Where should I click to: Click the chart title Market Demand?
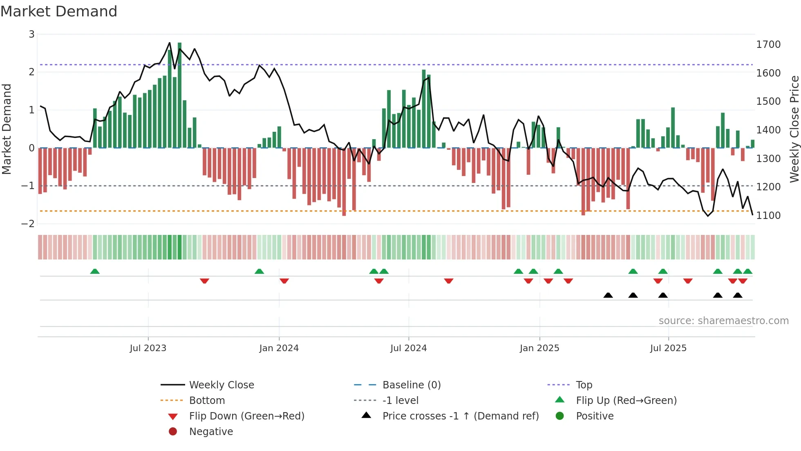pos(59,11)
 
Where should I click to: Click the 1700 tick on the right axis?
pos(768,45)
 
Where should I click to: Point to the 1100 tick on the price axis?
pos(768,216)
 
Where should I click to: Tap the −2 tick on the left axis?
pos(28,224)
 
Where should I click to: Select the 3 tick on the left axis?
pos(31,34)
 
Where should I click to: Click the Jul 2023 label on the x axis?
pos(148,348)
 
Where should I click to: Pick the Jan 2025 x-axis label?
pos(539,348)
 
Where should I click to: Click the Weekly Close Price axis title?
pos(794,129)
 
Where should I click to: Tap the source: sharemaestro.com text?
pos(723,321)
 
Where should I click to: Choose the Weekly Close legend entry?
pos(222,385)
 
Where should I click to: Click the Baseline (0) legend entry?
pos(412,385)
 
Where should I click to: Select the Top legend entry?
pos(584,385)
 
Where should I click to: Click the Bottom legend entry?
pos(207,401)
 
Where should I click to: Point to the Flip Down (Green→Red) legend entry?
pos(246,416)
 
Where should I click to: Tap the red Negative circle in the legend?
pos(173,432)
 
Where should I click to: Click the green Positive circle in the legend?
pos(560,416)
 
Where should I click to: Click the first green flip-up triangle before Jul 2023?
pos(95,271)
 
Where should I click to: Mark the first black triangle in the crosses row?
pos(608,295)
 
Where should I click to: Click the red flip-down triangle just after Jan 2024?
pos(284,281)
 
